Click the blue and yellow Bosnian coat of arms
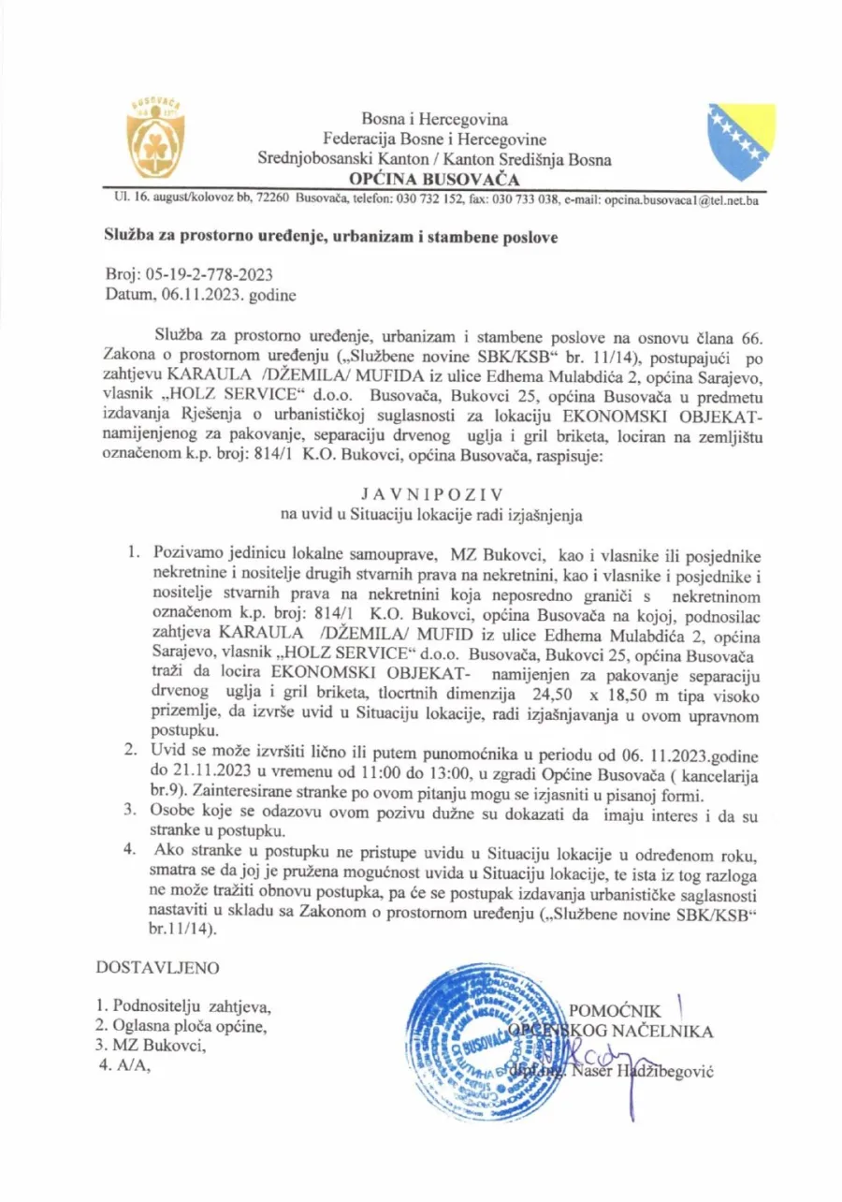click(x=741, y=140)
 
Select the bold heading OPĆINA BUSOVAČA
click(x=435, y=179)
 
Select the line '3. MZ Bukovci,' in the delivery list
click(x=151, y=1047)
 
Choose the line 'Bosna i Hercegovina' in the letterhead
click(x=435, y=120)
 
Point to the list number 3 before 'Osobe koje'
click(x=133, y=810)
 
